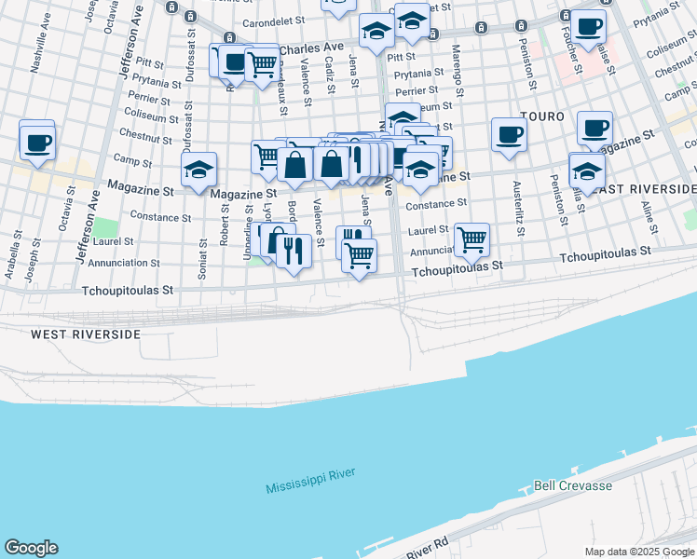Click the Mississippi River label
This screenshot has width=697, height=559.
tap(310, 482)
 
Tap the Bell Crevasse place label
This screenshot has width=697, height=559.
tap(572, 486)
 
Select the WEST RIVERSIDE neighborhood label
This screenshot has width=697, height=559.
tap(86, 334)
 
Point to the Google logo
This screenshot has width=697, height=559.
tap(31, 548)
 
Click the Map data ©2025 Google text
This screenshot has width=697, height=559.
tap(639, 552)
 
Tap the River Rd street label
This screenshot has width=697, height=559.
tap(428, 547)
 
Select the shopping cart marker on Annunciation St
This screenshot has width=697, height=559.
tap(472, 239)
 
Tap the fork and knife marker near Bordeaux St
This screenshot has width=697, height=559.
tap(294, 252)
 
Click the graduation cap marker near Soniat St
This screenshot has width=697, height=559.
tap(199, 170)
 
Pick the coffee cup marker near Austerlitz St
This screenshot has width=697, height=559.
tap(509, 134)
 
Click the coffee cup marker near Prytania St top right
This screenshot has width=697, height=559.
tap(588, 27)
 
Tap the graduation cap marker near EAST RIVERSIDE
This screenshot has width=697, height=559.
tap(586, 170)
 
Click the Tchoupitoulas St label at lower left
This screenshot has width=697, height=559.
tap(129, 291)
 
